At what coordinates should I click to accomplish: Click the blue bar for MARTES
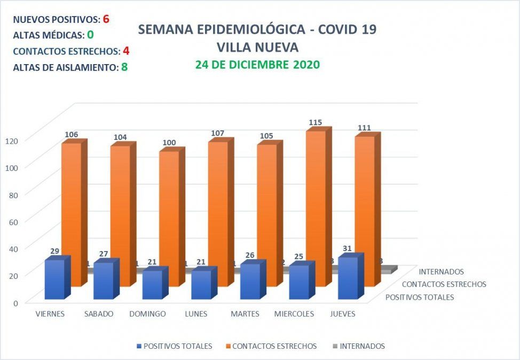[250, 281]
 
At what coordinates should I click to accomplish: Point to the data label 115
[316, 122]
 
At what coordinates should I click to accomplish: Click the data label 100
[169, 143]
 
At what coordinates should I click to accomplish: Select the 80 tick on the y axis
[14, 194]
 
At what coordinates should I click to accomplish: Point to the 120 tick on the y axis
[12, 140]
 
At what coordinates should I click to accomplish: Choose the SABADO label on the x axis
[99, 314]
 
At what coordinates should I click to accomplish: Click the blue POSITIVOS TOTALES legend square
[139, 346]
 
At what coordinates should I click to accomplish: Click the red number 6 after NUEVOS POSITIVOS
[106, 19]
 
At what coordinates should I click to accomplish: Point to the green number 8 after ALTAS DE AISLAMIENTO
[124, 67]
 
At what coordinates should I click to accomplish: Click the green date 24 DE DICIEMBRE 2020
[257, 65]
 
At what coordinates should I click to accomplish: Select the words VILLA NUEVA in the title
[257, 48]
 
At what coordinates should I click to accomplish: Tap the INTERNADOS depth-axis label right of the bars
[441, 272]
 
